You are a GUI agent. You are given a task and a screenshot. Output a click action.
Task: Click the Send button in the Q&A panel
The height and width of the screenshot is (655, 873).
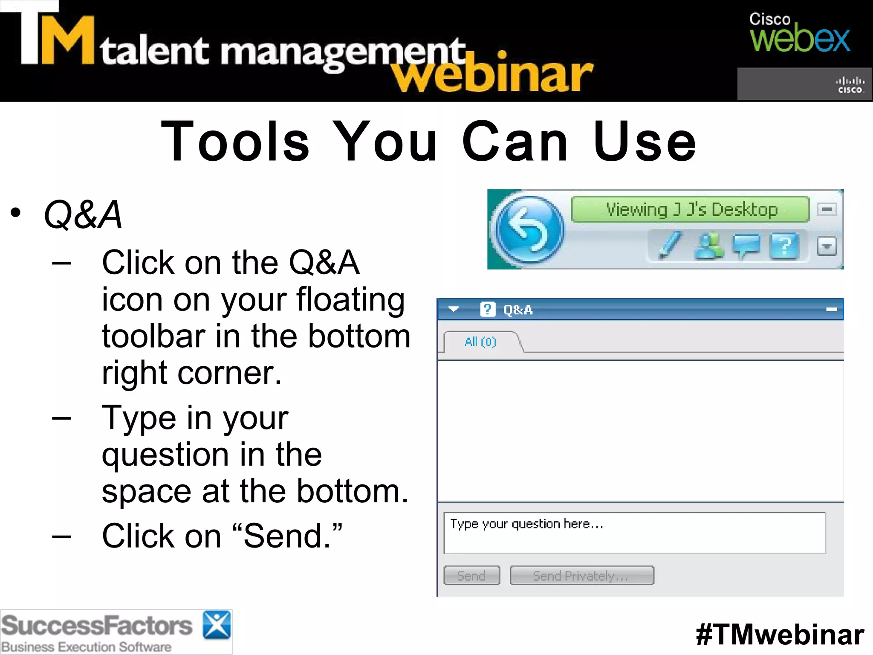click(471, 576)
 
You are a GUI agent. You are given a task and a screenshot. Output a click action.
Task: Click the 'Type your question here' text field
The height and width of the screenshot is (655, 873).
click(634, 533)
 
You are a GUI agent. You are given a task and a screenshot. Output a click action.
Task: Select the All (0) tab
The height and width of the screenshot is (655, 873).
click(480, 342)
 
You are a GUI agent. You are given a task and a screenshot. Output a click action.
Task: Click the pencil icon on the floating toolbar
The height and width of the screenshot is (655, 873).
click(669, 245)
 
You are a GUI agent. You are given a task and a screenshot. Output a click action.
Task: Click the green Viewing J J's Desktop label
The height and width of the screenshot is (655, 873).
click(691, 209)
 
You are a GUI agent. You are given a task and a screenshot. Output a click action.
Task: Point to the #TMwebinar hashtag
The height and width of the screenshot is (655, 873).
click(780, 635)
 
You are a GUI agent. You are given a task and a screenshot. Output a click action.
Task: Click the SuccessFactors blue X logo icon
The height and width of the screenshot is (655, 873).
click(217, 625)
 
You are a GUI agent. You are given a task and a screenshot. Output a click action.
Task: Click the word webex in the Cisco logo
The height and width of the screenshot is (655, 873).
click(800, 40)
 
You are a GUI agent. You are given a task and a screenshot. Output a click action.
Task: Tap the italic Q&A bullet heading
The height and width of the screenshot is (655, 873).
click(83, 215)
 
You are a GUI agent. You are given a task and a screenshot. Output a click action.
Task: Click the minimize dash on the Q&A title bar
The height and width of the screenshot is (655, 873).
click(832, 310)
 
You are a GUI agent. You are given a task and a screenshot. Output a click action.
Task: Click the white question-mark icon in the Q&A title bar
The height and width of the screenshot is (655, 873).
click(488, 309)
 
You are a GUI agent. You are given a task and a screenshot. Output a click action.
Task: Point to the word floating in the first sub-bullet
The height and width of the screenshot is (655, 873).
click(350, 299)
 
